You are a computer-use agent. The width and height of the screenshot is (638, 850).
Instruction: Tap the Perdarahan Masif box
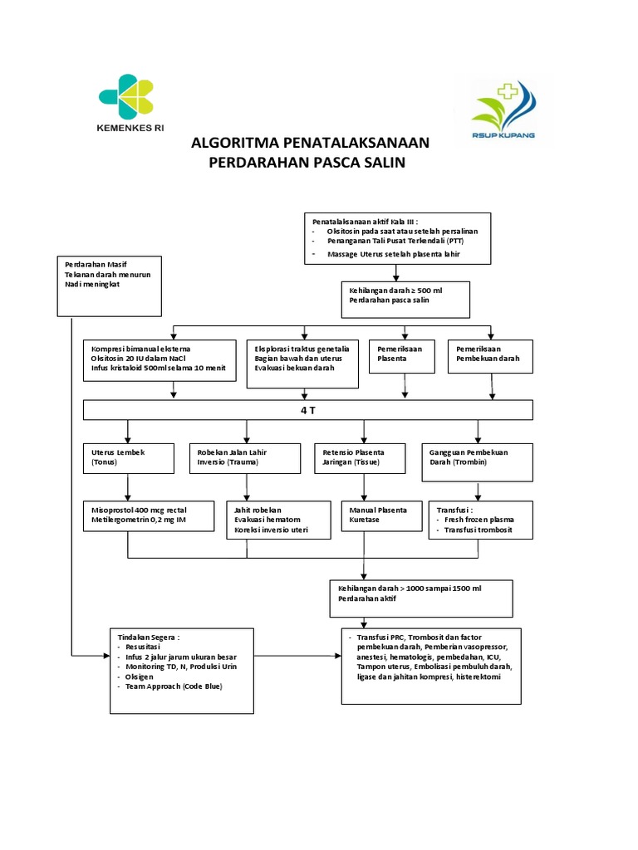pos(109,286)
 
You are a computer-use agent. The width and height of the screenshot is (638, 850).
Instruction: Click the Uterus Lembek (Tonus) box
pos(127,462)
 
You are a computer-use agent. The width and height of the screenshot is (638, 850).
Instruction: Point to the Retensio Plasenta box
pos(360,462)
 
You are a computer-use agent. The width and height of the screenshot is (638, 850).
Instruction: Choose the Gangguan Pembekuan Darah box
pos(477,462)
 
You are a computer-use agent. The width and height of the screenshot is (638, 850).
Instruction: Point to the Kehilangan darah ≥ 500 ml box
pos(405,300)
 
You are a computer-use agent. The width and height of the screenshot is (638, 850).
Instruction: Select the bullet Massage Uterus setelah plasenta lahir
pos(394,253)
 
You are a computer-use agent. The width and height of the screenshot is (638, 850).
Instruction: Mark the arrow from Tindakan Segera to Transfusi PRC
pos(297,656)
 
